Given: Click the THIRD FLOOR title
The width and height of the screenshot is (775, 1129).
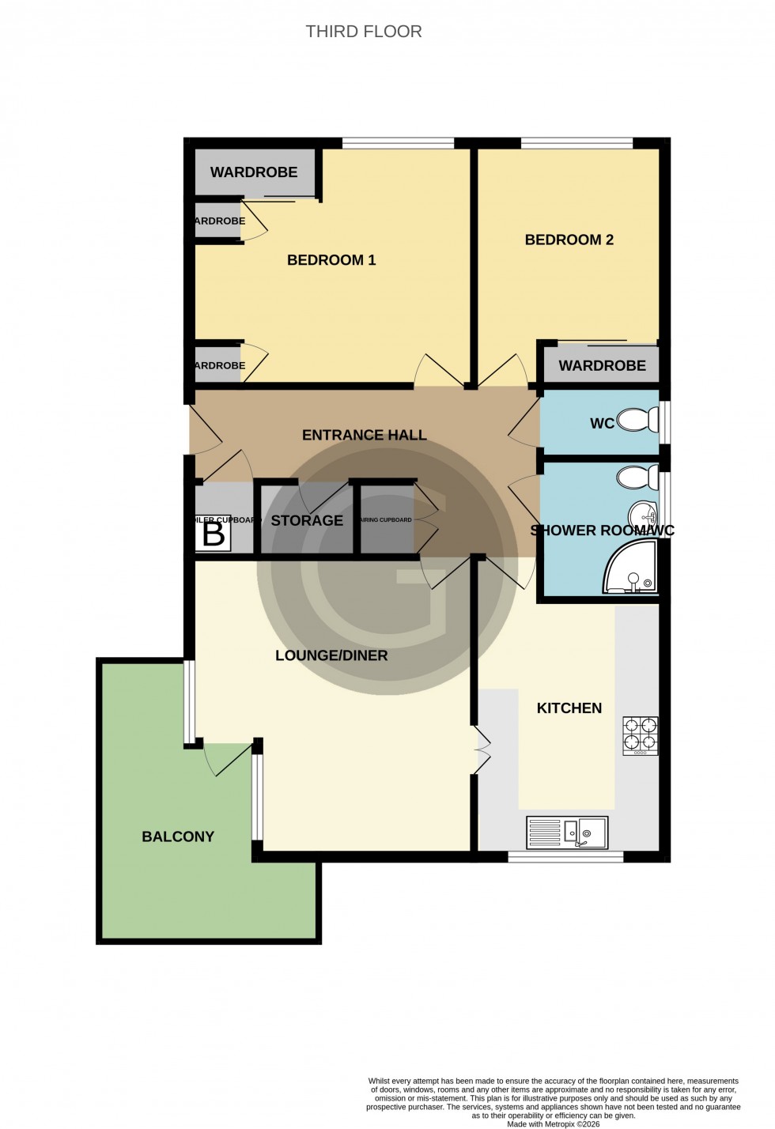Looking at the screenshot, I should (x=364, y=32).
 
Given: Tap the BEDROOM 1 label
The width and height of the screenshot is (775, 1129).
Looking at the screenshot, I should (x=331, y=260).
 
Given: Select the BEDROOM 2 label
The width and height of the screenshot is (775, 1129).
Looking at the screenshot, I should (x=569, y=240).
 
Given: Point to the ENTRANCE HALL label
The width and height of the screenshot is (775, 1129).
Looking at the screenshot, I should (x=364, y=435).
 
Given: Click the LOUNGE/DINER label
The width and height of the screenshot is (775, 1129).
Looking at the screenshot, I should (x=331, y=655).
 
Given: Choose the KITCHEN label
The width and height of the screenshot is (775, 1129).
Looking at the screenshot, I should (x=569, y=708).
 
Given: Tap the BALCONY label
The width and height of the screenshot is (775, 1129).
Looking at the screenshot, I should (x=178, y=836).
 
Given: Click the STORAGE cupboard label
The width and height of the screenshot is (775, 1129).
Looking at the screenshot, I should (x=307, y=520).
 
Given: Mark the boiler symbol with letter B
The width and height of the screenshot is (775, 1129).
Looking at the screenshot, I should (x=214, y=534).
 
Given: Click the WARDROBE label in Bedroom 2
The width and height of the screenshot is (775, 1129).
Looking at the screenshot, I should (x=602, y=365).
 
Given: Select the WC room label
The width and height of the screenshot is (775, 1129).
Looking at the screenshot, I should (x=602, y=424).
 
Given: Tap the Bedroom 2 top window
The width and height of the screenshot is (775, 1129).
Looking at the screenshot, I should (x=577, y=143).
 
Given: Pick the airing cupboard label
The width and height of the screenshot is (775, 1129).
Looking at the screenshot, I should (x=387, y=520).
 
